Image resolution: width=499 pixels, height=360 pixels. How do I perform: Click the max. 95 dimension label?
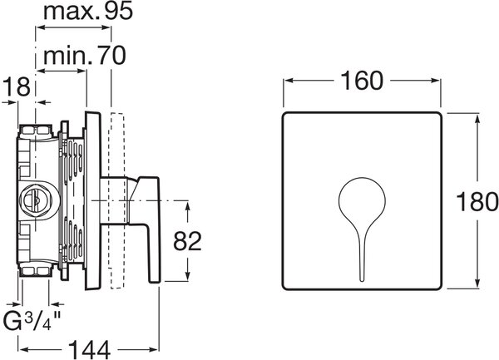tap(88, 12)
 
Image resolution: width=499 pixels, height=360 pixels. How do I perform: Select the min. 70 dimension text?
tap(85, 56)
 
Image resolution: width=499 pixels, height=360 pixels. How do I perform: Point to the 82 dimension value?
tap(187, 241)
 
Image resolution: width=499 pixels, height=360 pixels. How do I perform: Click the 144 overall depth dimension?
tap(90, 349)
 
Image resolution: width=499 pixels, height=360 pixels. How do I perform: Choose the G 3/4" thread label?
tap(32, 321)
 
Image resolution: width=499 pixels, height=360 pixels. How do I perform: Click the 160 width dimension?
tap(362, 81)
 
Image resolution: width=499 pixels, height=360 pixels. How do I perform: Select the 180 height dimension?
tap(477, 201)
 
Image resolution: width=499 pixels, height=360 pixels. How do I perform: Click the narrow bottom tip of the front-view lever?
tap(362, 279)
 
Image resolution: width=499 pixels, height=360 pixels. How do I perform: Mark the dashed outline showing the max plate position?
tap(116, 200)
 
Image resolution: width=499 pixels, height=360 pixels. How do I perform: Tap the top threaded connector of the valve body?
tap(35, 131)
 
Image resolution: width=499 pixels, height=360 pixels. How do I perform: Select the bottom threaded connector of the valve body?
tap(35, 271)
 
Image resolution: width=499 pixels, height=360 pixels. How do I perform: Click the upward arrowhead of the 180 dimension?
tap(477, 119)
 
